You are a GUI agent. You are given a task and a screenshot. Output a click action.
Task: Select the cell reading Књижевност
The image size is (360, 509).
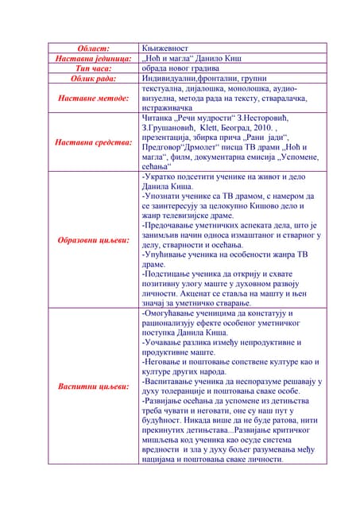coord(163,49)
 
